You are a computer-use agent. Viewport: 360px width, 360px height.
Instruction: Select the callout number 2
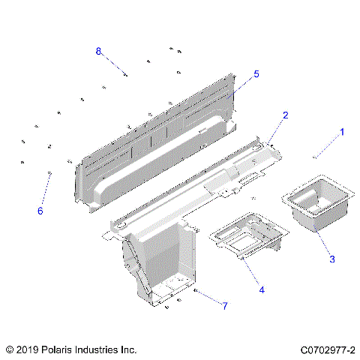tap(285, 115)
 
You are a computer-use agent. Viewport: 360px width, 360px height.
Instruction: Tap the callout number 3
tap(331, 259)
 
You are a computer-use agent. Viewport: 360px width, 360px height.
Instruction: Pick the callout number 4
tap(262, 289)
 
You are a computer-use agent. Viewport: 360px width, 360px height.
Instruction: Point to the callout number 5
tap(256, 73)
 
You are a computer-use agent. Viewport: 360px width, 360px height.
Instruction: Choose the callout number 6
tap(40, 211)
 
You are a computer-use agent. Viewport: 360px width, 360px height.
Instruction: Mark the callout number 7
tap(223, 305)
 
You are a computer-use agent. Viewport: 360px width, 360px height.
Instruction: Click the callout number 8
tap(98, 50)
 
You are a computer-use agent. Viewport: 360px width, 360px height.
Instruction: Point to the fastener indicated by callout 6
tap(49, 173)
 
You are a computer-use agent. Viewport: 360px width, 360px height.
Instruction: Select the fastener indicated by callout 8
tap(126, 74)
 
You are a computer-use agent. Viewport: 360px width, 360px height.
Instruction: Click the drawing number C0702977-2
tap(328, 349)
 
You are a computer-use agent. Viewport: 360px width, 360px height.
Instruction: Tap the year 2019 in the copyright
tap(28, 349)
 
